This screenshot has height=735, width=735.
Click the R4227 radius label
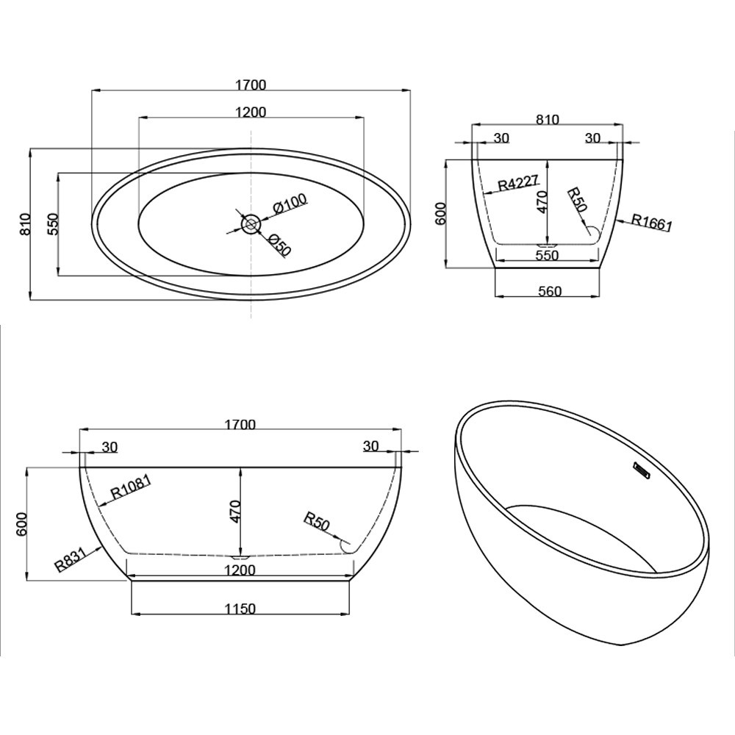(519, 182)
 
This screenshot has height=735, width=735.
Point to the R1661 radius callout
(651, 222)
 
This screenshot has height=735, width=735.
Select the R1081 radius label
(130, 487)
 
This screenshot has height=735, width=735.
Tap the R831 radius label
(71, 559)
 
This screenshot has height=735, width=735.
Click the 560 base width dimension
(550, 291)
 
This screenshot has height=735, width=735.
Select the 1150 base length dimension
(240, 609)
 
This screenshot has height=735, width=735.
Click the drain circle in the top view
(251, 224)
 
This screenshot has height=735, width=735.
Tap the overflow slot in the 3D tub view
(640, 470)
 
